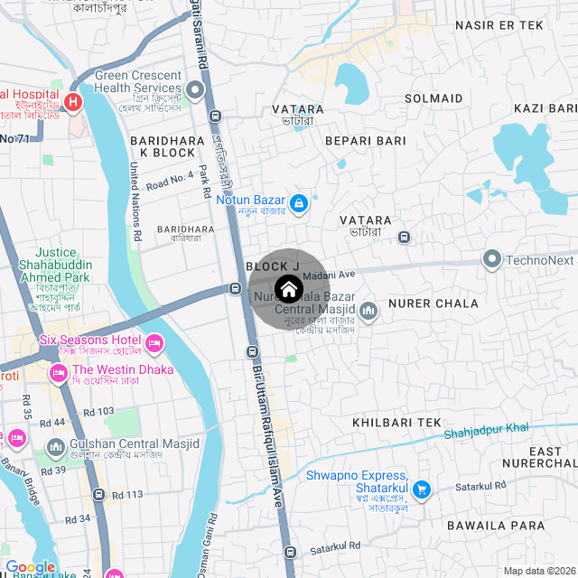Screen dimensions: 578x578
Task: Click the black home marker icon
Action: (288, 289)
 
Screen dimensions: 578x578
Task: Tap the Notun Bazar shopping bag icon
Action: (298, 201)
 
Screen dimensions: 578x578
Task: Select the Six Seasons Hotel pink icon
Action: (154, 342)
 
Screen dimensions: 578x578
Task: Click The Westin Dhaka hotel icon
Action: (59, 371)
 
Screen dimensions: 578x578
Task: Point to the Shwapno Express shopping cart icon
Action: (420, 489)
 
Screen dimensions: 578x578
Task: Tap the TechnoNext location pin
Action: (492, 260)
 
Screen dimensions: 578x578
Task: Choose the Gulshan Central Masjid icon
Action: (56, 446)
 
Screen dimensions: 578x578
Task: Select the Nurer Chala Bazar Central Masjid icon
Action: (368, 312)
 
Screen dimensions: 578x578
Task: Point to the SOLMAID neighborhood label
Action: (433, 98)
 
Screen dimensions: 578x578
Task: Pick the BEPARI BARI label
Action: (366, 141)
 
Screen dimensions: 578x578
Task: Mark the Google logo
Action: (31, 567)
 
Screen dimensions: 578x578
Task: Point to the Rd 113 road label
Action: (127, 495)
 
